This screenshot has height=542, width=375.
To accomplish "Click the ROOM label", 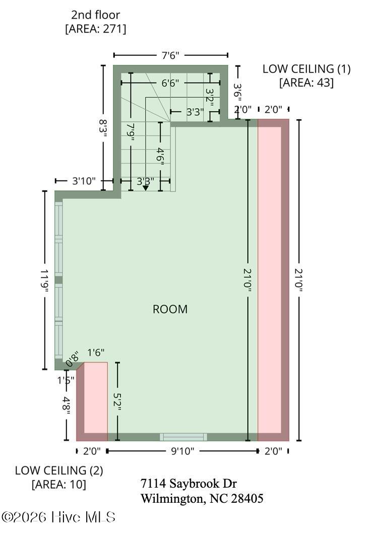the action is pos(170,309).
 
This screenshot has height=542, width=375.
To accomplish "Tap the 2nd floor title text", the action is pos(96,15).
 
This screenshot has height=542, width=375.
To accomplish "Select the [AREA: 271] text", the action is pos(96,29).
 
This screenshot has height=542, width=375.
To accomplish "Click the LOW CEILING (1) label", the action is pos(306,69).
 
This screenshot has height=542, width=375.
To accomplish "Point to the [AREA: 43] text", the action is pos(306,83).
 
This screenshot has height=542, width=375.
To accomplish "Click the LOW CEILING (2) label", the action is pos(59,471).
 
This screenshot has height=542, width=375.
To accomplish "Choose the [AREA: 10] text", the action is pos(59,484).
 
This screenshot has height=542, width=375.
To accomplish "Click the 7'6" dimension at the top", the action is pos(170,55).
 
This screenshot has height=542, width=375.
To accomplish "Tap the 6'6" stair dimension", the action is pos(170,83).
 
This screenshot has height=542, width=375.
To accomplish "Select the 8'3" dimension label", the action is pos(103,128).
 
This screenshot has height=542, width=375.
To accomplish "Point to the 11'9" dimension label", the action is pos(45,281).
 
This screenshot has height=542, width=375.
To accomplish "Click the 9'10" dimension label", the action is pos(182,451).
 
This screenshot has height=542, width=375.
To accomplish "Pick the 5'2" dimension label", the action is pos(117,402).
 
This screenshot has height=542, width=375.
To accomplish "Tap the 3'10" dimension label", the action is pos(84,181).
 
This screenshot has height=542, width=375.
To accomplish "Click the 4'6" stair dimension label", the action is pos(160,156).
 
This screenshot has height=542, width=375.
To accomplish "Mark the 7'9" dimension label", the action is pos(131,132).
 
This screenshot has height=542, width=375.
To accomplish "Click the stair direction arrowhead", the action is pos(146,188).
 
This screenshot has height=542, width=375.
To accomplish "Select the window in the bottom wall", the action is pos(183,437).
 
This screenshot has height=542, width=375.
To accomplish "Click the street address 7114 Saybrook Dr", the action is pos(189,483).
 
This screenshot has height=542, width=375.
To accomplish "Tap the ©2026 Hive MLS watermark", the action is pos(58,517).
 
